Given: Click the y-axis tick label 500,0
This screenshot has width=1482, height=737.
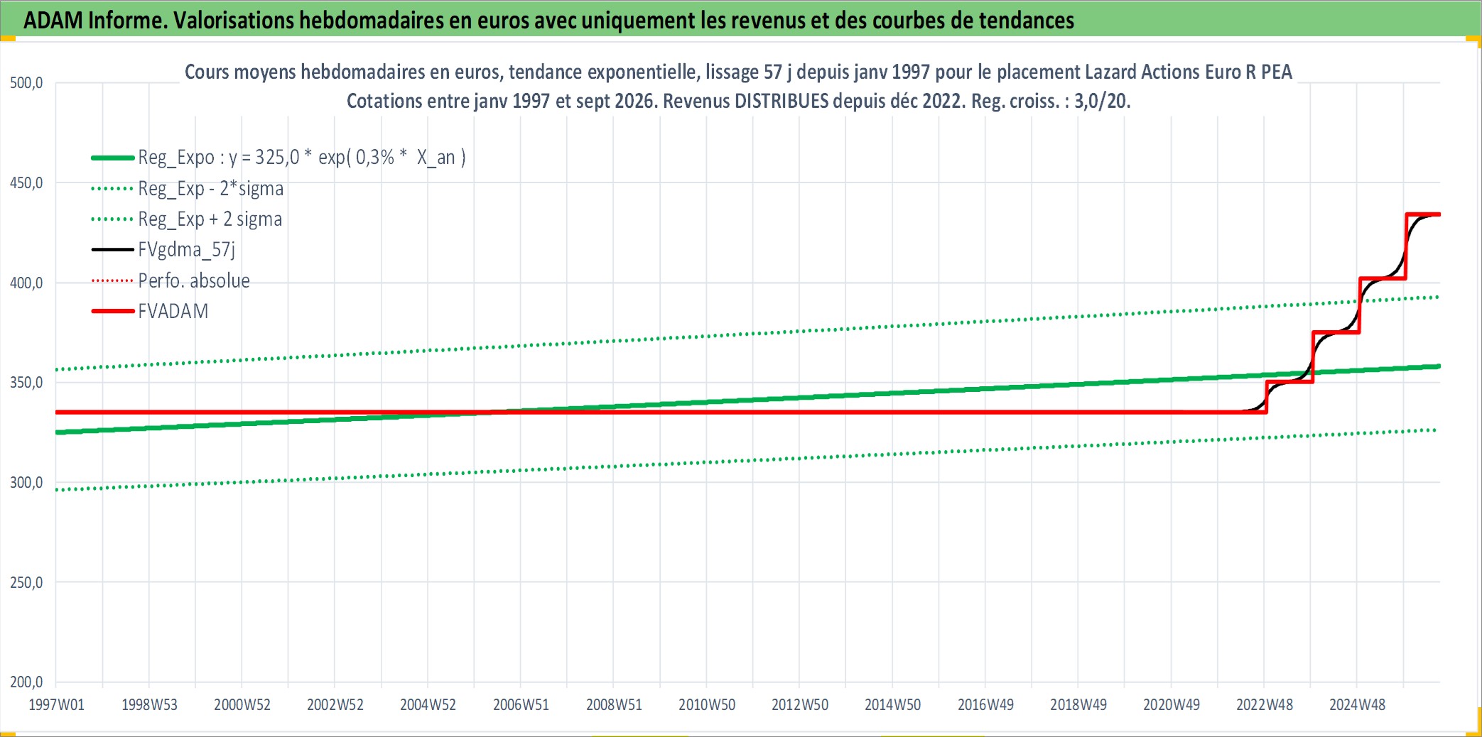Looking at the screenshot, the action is pos(26,83).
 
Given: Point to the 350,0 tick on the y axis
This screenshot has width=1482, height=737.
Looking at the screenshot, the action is pos(26,383).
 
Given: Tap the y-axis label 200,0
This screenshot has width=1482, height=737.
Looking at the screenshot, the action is pos(26,682).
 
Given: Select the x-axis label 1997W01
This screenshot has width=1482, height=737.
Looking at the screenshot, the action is pos(56,705).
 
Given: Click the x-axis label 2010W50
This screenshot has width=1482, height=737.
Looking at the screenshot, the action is pos(707,705).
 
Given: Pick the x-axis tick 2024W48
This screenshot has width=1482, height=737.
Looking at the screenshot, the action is pos(1358,705).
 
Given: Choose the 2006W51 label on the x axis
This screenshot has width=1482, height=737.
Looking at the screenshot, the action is pos(521,705).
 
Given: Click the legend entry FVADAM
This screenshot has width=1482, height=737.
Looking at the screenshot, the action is pos(173,311).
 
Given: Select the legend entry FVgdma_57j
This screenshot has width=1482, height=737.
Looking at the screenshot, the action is pos(186,249).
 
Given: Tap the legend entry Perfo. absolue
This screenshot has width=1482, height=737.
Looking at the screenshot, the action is pos(194,280).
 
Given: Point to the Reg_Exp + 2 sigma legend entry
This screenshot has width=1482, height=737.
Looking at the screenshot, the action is pos(210,219).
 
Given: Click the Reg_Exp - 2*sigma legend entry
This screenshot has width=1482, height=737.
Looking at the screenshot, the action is pos(211,188).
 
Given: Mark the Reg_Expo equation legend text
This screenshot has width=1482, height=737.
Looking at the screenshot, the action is pos(302,157).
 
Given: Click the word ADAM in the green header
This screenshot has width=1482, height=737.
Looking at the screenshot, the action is pos(53,20).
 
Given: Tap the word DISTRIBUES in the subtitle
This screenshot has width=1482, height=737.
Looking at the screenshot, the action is pos(781,101).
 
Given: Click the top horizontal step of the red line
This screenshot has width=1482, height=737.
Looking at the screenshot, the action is pos(1423,214).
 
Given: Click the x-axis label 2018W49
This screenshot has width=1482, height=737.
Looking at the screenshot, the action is pos(1078,705).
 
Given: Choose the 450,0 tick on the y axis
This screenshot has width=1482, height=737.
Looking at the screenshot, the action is pos(26,183).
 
